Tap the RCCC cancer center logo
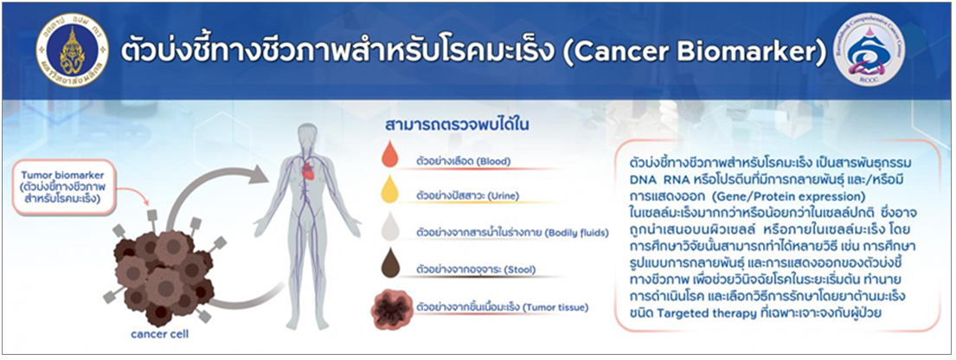[869, 49]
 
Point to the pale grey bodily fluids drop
[389, 226]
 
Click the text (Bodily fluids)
[577, 234]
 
